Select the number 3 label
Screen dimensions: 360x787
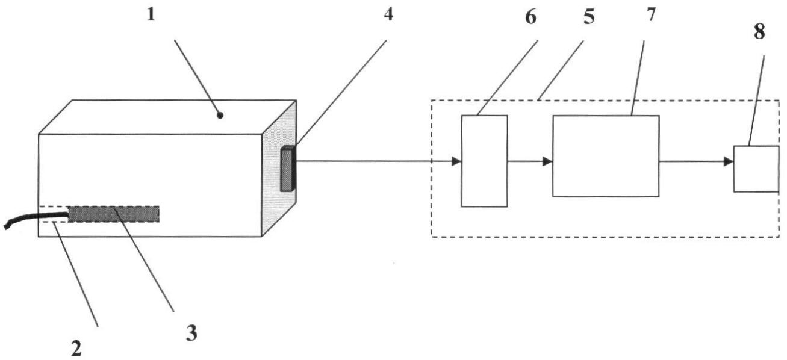191,332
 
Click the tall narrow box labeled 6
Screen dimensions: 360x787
484,161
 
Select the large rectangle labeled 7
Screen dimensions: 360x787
605,156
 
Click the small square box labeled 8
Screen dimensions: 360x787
756,169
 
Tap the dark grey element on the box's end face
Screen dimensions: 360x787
287,169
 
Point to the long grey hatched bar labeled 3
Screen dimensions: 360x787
114,214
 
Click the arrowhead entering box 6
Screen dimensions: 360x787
456,161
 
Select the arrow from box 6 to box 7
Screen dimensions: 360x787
530,161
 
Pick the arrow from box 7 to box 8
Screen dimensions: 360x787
696,161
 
